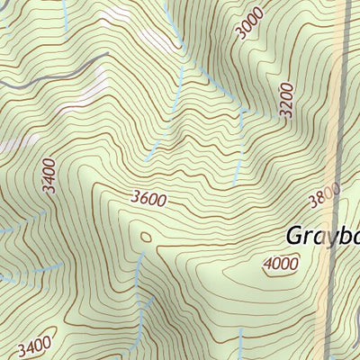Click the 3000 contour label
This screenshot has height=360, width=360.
249,22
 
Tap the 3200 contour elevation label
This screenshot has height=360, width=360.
286,102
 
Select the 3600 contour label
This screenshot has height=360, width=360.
148,199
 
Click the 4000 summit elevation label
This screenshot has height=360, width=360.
281,264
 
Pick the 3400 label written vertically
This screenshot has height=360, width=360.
49,175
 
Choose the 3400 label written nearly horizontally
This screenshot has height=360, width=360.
33,345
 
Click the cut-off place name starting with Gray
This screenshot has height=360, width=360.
322,236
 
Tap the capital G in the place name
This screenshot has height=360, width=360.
296,235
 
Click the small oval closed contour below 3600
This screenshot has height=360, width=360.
145,238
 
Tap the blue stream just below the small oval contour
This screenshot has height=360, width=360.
139,270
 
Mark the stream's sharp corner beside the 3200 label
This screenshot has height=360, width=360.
242,113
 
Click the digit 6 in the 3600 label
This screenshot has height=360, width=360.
143,198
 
